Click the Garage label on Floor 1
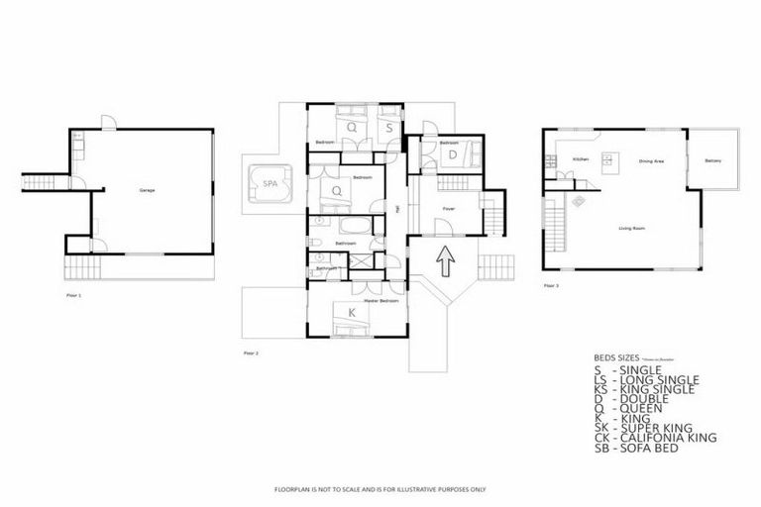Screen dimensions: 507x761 (148, 188)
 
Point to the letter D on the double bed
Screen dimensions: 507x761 (452, 154)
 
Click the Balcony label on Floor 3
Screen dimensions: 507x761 (712, 160)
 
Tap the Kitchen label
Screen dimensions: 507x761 (581, 159)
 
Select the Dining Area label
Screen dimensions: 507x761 (651, 160)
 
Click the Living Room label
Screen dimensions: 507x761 (632, 229)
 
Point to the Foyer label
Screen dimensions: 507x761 (448, 209)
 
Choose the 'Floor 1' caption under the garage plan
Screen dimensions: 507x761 (73, 294)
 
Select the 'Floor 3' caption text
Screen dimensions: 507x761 (551, 286)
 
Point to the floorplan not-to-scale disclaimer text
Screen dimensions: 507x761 (380, 489)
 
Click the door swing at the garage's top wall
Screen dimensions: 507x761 (109, 123)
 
